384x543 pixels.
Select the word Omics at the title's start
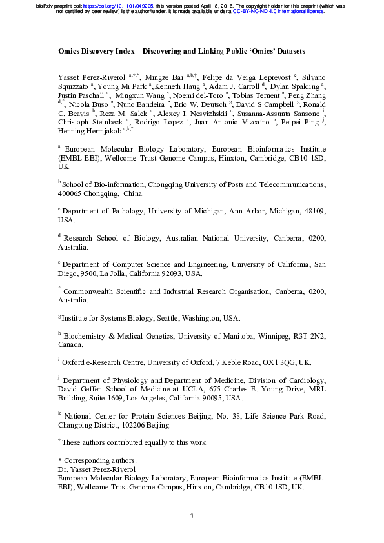tap(70, 50)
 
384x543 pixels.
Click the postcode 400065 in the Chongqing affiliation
tap(74, 193)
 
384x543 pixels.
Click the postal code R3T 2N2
tap(310, 335)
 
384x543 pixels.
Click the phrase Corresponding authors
tap(100, 461)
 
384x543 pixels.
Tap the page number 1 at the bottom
tap(192, 517)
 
